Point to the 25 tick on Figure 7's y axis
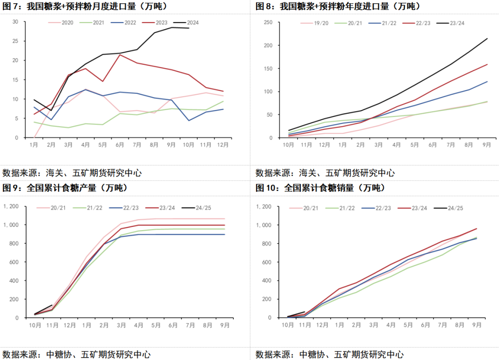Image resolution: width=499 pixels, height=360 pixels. click(x=15, y=41)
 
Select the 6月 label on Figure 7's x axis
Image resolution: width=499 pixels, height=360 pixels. click(x=120, y=145)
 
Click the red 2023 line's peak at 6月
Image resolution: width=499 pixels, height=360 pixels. click(x=120, y=55)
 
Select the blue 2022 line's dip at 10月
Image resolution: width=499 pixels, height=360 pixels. click(x=189, y=121)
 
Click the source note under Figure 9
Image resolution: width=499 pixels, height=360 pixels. click(x=76, y=354)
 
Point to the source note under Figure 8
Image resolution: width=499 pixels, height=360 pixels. click(x=325, y=173)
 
